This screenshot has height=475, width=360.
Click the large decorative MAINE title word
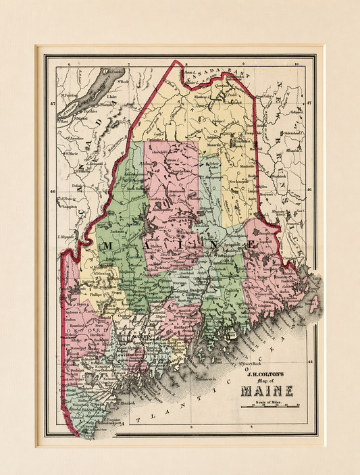[264, 391]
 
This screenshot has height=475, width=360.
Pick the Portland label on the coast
[122, 391]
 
